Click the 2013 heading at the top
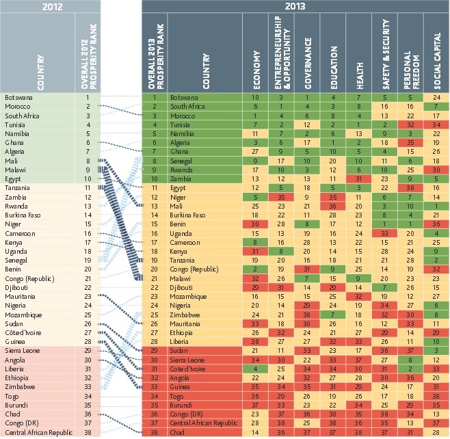coord(295,8)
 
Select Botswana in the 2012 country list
coord(19,98)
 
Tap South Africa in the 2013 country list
coord(187,107)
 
